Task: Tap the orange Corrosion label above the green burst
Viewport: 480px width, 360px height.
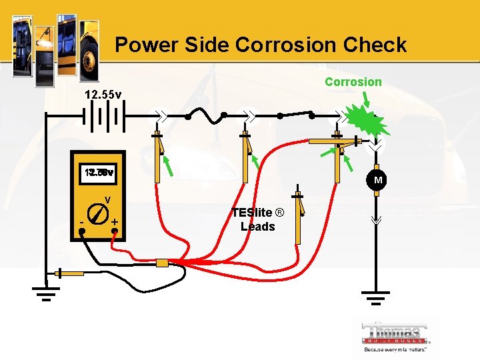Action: click(353, 82)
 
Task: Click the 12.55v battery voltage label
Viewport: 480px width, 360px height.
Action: click(103, 95)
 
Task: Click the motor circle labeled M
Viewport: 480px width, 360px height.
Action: click(378, 181)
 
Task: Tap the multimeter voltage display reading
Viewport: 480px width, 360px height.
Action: click(99, 173)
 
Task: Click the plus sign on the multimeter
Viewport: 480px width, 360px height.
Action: click(116, 221)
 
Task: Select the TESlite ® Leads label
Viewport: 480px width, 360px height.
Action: click(257, 219)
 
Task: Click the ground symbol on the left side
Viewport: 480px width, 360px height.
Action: click(45, 293)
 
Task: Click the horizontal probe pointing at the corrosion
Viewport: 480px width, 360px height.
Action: click(333, 141)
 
